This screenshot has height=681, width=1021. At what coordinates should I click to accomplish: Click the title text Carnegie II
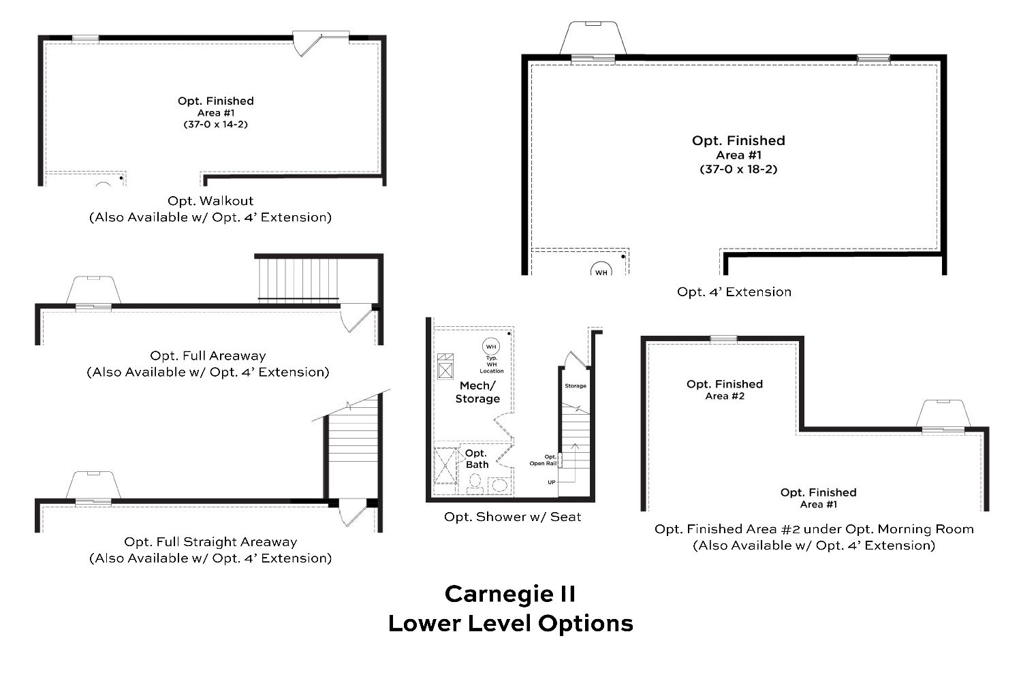510,594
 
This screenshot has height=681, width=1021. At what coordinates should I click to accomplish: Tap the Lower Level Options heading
511,624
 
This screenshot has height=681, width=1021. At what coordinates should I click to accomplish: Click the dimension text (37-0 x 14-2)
216,124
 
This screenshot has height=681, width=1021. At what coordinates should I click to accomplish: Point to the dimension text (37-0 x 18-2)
738,169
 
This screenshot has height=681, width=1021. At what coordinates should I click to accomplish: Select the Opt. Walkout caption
210,201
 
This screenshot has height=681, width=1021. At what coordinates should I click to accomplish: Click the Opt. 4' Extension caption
734,291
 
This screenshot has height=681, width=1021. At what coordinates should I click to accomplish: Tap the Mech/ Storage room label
477,392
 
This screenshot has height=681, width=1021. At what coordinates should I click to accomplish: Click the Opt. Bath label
476,458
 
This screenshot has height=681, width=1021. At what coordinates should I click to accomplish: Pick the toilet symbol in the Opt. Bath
475,484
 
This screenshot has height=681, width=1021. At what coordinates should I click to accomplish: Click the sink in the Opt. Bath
499,485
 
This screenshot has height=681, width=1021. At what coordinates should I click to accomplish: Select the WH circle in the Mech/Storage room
491,347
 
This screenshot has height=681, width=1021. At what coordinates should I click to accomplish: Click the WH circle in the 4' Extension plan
601,269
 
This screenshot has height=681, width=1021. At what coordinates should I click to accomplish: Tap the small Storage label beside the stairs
576,385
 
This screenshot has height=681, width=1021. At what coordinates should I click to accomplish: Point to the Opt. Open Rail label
544,460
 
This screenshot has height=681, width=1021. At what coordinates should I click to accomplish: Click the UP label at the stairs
552,482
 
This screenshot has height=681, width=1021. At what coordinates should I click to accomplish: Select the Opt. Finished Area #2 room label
725,390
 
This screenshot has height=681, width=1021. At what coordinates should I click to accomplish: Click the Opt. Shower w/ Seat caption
512,517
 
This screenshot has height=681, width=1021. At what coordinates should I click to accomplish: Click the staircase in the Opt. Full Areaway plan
298,279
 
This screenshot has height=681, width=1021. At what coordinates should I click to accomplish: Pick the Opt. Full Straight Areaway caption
210,542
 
